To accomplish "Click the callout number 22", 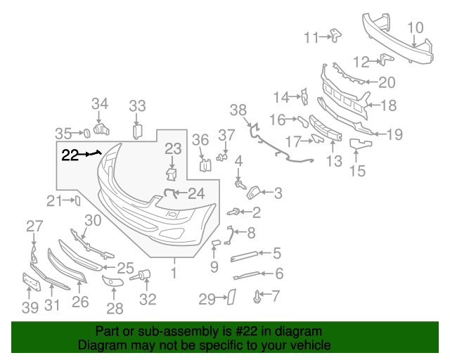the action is (70, 155).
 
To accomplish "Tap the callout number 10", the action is (415, 28).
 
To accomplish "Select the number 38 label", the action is (238, 110).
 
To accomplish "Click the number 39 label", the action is (30, 307).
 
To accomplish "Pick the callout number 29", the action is (206, 300).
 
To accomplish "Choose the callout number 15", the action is (358, 170).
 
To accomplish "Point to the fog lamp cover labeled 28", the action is (113, 283).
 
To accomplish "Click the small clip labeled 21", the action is (77, 201).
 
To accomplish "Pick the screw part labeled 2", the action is (233, 210).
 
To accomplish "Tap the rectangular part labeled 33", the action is (138, 131).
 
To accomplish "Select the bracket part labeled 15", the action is (360, 145).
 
